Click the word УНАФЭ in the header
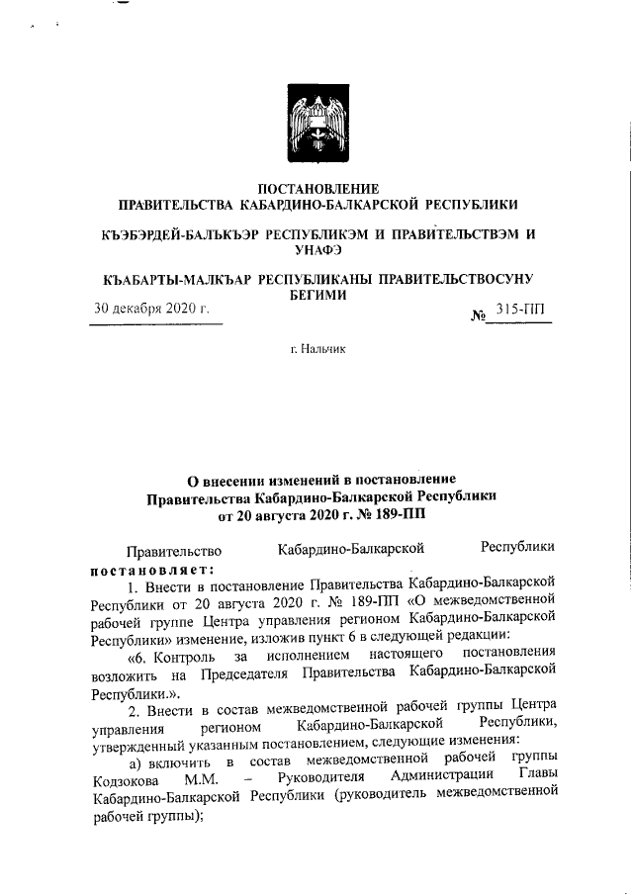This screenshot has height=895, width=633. coord(316,251)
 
